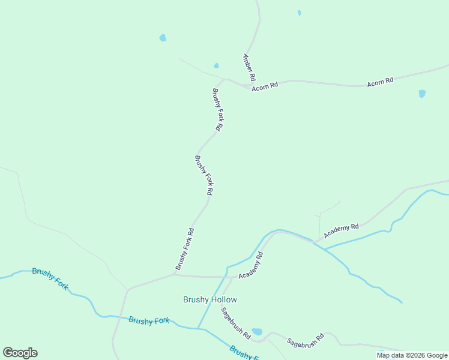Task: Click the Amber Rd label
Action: tap(249, 68)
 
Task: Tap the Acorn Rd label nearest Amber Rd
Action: tap(265, 86)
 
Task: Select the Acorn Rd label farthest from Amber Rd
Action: tap(380, 81)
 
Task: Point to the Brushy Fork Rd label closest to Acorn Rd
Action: tap(217, 110)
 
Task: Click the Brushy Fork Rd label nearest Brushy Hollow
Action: tap(184, 248)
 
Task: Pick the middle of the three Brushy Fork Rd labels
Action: tap(203, 175)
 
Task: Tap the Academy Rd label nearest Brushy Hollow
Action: tap(251, 265)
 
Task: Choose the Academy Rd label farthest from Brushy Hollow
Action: tap(341, 230)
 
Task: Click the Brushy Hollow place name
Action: tap(209, 299)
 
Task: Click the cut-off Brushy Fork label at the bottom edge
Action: tap(244, 353)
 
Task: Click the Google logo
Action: tap(20, 353)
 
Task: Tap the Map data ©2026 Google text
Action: tap(412, 355)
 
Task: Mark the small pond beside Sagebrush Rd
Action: tap(258, 331)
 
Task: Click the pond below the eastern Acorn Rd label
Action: tap(422, 94)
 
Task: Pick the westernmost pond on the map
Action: tap(163, 38)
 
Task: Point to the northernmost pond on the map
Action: tap(299, 13)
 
